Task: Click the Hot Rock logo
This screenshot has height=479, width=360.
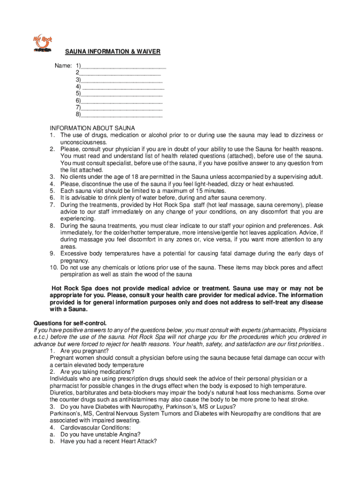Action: (42, 44)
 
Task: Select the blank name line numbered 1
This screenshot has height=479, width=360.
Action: (123, 65)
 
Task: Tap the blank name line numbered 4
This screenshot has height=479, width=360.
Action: (123, 87)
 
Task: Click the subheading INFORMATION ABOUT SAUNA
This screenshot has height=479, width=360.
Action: (93, 128)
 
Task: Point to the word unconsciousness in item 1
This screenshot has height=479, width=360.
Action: (84, 142)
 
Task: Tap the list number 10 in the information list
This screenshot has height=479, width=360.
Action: (53, 268)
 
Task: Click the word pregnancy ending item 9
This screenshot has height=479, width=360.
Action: (74, 261)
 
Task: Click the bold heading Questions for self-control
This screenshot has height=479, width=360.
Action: (70, 323)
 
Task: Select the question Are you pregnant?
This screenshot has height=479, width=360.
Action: (85, 351)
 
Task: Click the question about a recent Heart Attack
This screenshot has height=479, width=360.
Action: (108, 441)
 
